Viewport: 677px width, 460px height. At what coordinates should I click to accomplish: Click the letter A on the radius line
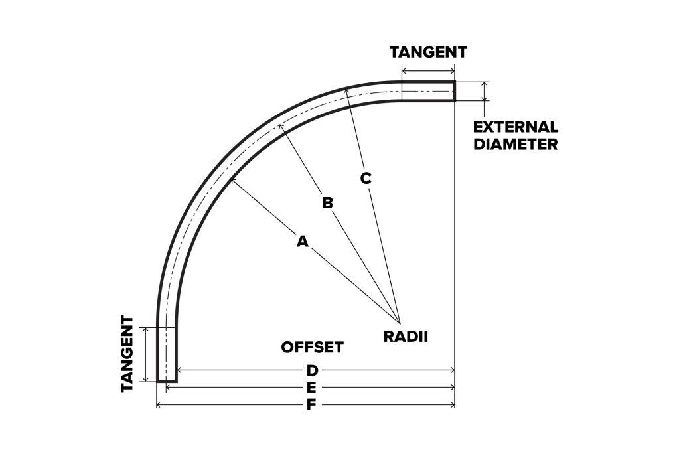pos(303,242)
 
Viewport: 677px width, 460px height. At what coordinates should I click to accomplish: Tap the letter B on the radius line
pos(327,202)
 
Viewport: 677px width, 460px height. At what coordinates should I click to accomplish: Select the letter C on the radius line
pos(366,178)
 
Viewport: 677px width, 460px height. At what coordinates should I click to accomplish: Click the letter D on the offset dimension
pos(312,370)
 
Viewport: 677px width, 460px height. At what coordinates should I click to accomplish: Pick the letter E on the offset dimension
pos(311,388)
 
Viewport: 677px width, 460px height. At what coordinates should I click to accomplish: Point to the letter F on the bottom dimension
pos(311,405)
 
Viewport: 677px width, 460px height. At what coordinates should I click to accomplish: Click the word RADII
pos(406,336)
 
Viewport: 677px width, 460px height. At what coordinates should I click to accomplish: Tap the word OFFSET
pos(312,347)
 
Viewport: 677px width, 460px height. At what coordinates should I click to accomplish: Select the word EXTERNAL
pos(516,127)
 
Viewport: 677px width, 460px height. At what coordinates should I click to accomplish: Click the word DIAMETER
pos(516,144)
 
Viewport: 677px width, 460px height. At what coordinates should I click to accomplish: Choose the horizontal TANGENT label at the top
pos(428,52)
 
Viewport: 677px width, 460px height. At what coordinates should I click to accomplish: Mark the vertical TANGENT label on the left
pos(128,354)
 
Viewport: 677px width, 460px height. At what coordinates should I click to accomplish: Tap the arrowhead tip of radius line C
pos(345,89)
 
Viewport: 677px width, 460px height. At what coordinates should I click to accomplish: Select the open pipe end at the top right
pos(455,91)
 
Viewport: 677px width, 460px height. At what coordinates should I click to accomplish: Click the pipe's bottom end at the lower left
pos(167,381)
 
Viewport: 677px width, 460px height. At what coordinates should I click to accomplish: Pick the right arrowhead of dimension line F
pos(454,405)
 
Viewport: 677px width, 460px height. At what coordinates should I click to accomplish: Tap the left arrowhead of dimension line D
pos(178,370)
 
